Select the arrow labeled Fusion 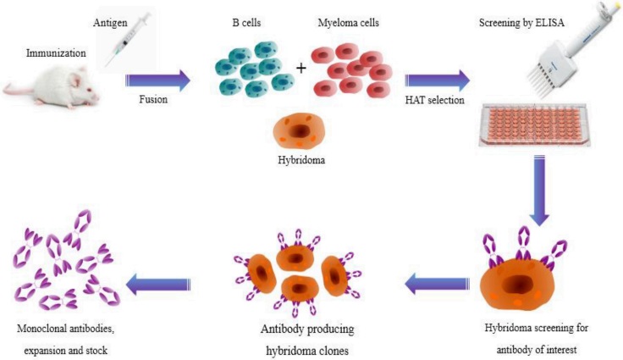(159, 82)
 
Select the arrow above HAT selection (438, 82)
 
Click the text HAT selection (438, 100)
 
